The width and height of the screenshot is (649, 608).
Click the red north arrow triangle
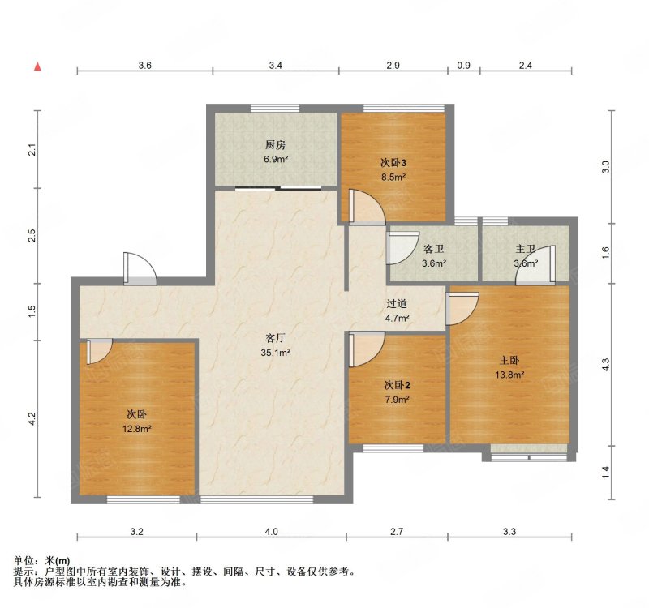click(x=37, y=66)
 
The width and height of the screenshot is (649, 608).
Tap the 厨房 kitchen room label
click(x=276, y=145)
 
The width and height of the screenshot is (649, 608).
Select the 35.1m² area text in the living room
click(x=276, y=353)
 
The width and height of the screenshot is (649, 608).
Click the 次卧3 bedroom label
click(x=393, y=163)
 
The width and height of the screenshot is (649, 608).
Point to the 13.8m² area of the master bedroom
click(x=509, y=375)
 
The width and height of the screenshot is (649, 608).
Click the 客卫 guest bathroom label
click(x=434, y=249)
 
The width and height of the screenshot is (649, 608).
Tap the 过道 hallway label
click(x=397, y=304)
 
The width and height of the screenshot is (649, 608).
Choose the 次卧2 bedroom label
click(x=398, y=386)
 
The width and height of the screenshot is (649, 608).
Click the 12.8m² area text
click(x=136, y=429)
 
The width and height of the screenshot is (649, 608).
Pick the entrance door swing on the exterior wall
click(x=140, y=269)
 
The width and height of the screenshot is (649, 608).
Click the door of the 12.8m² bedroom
click(x=99, y=351)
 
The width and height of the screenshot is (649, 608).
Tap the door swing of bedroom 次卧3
click(x=367, y=207)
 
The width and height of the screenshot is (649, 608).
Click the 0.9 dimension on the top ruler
click(x=464, y=65)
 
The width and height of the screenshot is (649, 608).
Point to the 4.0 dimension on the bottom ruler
click(x=271, y=532)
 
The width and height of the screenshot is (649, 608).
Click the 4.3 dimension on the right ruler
click(x=606, y=364)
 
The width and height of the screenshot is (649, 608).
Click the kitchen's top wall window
click(x=275, y=108)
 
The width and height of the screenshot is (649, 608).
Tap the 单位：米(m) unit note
click(x=42, y=561)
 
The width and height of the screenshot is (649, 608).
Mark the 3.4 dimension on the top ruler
click(x=276, y=65)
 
